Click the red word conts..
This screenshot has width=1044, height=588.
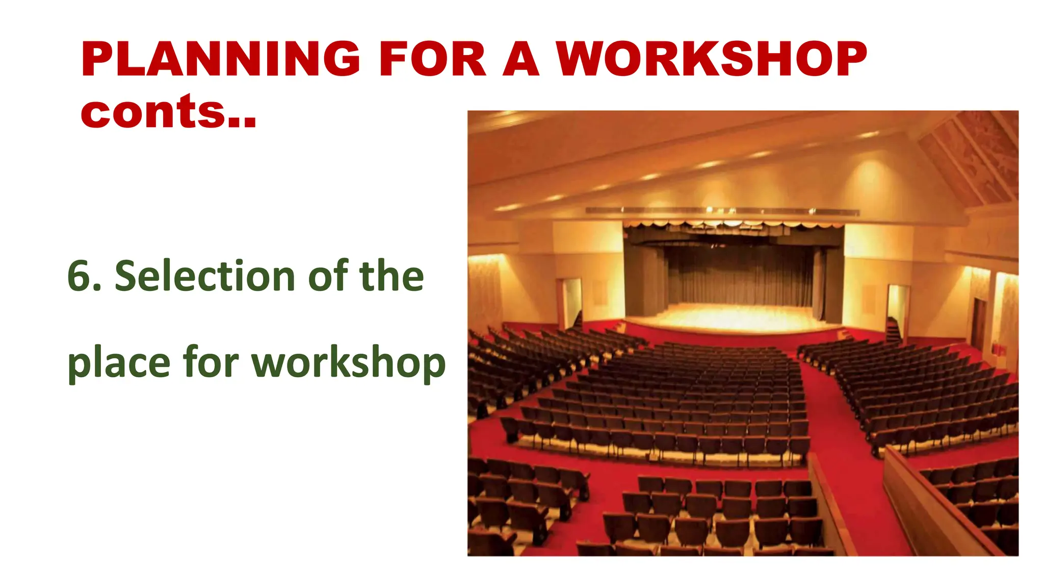[168, 112]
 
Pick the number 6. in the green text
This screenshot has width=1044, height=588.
[84, 276]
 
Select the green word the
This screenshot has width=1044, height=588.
[391, 276]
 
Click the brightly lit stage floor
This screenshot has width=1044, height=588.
[734, 316]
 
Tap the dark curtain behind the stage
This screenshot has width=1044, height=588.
[739, 278]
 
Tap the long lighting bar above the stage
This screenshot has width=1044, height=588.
[721, 211]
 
